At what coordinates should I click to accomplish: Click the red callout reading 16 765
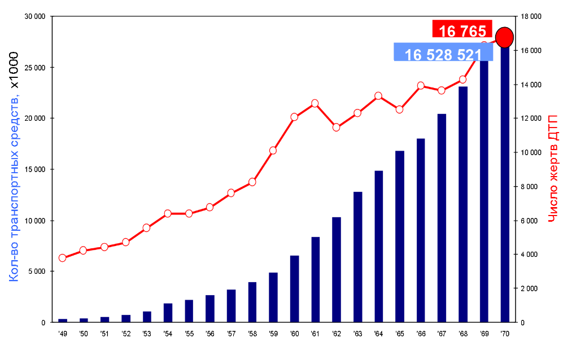pos(462,30)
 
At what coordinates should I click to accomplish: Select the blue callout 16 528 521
pos(443,54)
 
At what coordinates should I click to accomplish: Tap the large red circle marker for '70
pos(504,37)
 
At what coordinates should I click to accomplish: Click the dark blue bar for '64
pos(378,246)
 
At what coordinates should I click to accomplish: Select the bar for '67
pos(442,218)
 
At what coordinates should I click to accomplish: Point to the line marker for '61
pos(315,103)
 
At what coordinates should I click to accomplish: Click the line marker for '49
pos(62,258)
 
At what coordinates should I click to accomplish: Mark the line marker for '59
pos(273,150)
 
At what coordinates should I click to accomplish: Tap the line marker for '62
pos(336,127)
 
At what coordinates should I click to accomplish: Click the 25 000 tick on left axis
pos(36,68)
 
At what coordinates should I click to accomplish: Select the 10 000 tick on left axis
pos(36,221)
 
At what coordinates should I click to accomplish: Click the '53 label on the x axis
pos(146,334)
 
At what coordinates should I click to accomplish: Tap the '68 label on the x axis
pos(462,334)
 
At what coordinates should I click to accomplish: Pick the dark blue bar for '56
pos(210,308)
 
